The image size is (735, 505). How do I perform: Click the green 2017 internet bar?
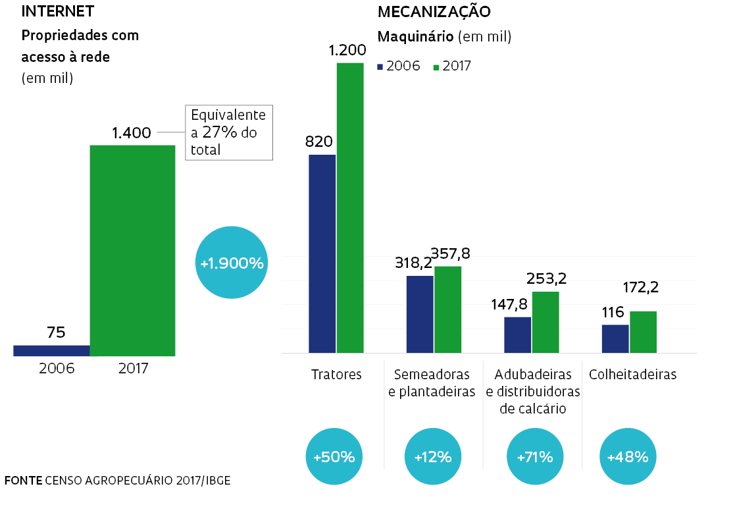coord(132,250)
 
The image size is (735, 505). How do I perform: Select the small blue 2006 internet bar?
coord(51,350)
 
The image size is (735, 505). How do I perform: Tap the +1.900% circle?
coord(232,263)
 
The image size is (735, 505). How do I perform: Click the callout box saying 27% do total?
coord(228,132)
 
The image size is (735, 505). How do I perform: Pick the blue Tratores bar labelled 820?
coord(322,253)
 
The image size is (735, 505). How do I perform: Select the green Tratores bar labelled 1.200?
coord(350,207)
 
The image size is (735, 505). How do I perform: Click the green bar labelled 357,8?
coord(447,309)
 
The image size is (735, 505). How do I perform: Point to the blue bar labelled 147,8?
coord(517,334)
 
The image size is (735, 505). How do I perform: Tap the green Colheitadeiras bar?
coord(643,332)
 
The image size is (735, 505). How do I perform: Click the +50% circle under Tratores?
coord(334,456)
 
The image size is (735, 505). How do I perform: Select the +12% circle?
coord(432,456)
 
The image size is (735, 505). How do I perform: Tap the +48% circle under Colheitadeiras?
coord(628,456)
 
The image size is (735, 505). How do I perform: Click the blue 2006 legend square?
coord(380,66)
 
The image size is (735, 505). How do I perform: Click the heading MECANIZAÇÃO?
coord(434,12)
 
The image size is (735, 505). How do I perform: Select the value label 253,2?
coord(546,279)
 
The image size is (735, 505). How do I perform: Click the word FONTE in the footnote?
coord(23,480)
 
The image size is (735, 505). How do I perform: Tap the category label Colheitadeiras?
coord(633,375)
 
